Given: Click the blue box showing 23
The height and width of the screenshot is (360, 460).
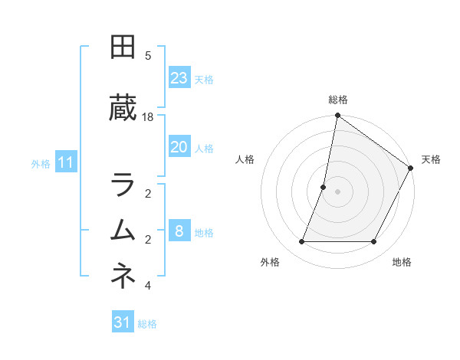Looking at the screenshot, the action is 179,78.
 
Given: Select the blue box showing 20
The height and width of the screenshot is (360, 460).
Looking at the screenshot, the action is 179,148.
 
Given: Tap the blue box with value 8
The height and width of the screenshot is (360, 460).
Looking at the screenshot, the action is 179,231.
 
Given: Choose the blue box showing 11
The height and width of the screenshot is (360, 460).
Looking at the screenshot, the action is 66,162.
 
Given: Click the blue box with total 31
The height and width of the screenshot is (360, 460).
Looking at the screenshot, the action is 123,322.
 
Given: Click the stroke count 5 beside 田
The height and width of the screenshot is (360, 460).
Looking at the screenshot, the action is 148,55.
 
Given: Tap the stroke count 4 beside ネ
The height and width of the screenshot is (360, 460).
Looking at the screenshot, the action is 148,286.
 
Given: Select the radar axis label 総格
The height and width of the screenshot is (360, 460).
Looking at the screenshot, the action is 337,100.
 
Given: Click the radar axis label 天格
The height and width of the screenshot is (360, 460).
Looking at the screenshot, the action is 431,159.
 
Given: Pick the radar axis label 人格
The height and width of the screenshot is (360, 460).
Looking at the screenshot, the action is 245,159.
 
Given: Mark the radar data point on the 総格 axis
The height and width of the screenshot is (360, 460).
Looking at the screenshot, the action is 337,116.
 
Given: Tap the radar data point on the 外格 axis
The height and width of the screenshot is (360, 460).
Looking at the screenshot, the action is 301,242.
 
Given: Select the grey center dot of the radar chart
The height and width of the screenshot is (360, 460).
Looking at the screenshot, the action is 337,191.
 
